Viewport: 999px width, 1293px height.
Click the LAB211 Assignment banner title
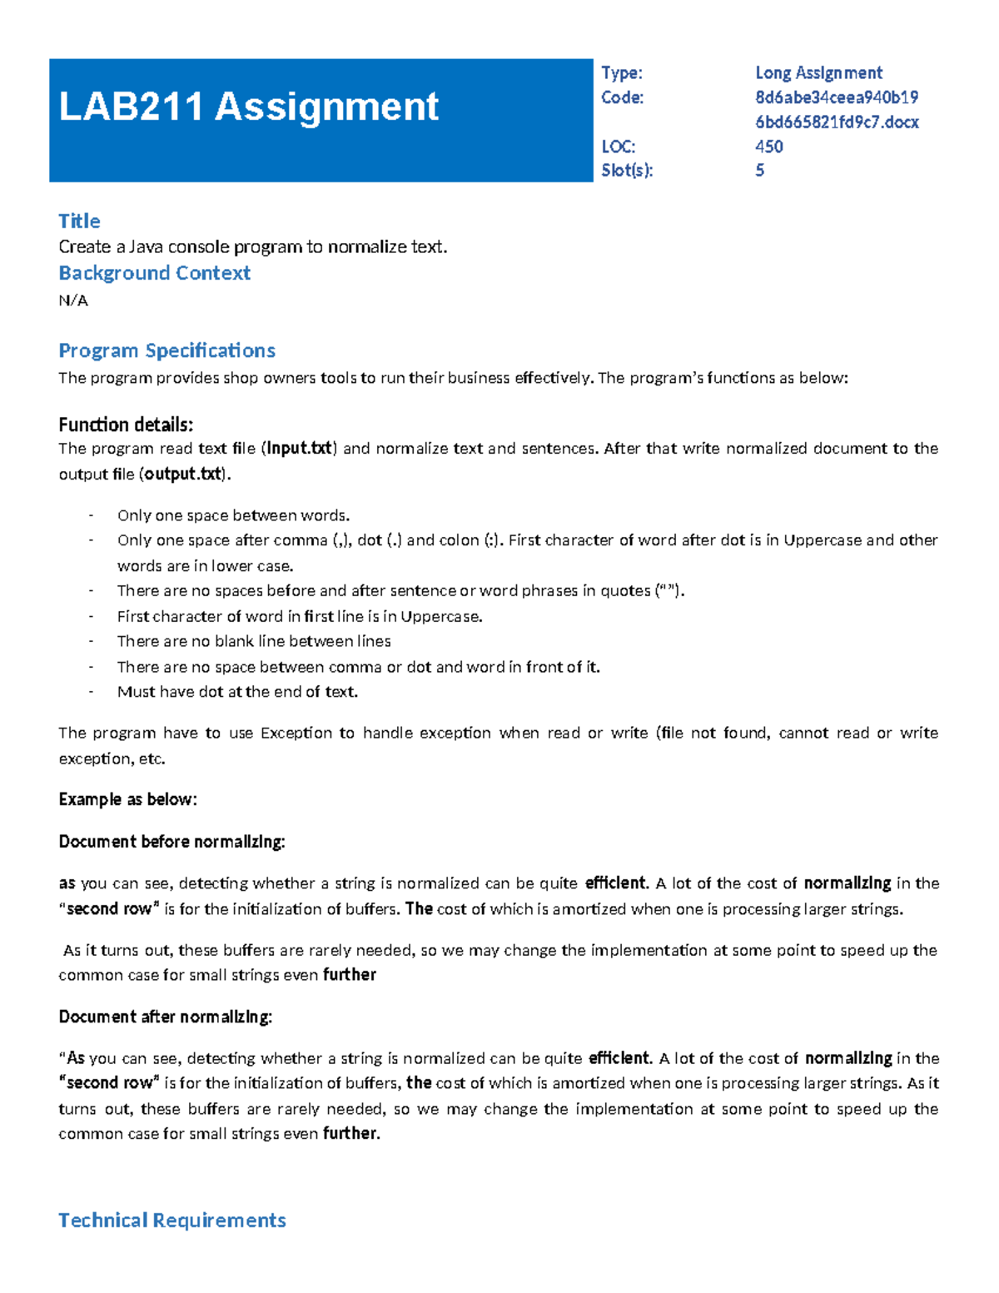tap(248, 107)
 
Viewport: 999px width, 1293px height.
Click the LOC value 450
tap(768, 147)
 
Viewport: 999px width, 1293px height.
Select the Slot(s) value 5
tap(759, 171)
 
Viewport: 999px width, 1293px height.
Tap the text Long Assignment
tap(818, 73)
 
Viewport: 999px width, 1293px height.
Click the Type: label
tap(621, 73)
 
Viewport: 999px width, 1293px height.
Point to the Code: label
tap(622, 97)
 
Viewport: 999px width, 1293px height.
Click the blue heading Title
tap(79, 221)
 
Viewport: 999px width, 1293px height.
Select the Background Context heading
tap(154, 273)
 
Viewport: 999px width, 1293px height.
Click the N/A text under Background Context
tap(73, 301)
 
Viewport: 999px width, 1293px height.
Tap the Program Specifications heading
tap(166, 351)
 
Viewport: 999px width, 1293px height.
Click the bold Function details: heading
tap(126, 425)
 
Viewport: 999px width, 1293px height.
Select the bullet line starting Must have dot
tap(237, 692)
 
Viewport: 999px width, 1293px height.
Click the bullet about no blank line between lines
tap(254, 641)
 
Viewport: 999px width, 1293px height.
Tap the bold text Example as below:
tap(127, 799)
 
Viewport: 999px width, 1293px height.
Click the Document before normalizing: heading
tap(171, 842)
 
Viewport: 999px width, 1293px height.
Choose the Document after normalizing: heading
tap(165, 1017)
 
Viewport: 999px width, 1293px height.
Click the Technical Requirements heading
tap(172, 1221)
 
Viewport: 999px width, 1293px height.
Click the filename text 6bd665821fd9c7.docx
tap(837, 122)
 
